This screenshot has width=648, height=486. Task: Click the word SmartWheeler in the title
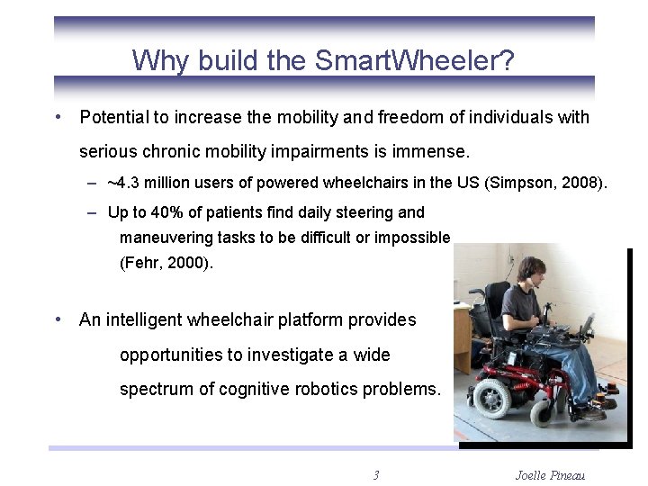point(414,61)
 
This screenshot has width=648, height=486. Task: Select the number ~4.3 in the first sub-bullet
point(123,184)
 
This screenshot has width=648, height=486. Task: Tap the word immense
point(438,150)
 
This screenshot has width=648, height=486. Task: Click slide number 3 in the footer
point(375,475)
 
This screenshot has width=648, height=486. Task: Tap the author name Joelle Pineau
point(551,475)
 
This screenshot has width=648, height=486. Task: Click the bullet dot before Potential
point(58,117)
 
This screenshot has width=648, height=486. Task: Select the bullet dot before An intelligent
point(58,319)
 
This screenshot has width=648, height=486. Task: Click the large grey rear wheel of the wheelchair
point(491,396)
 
